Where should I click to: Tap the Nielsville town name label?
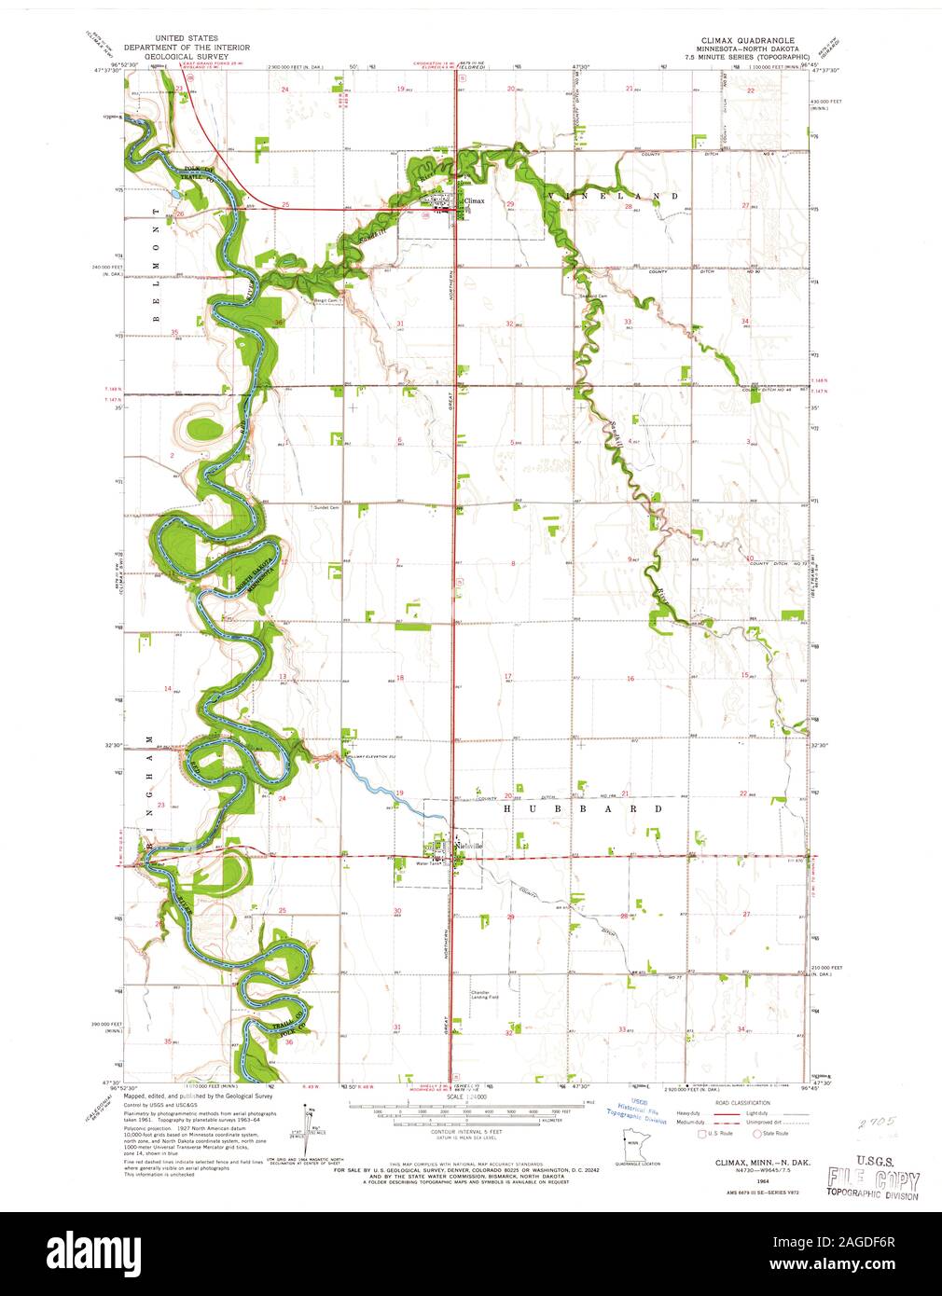[x=469, y=846]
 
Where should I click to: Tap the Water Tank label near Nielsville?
[x=426, y=863]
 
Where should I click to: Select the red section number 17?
[x=508, y=676]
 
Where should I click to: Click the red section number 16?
[x=630, y=679]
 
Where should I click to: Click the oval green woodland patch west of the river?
[x=204, y=430]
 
